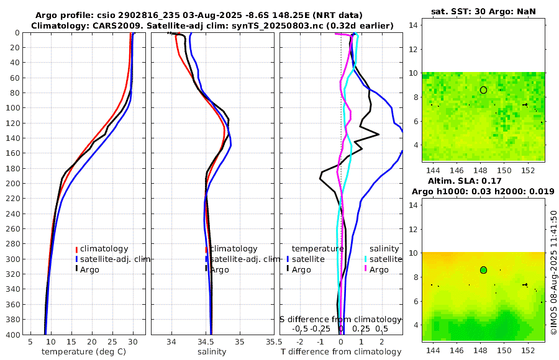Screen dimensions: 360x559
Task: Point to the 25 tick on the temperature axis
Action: point(112,342)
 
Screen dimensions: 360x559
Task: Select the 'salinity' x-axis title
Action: point(211,352)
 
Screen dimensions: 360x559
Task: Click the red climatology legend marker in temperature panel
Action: point(77,249)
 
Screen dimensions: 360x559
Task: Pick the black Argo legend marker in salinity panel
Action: point(206,269)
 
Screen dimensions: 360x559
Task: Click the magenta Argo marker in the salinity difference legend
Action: point(366,269)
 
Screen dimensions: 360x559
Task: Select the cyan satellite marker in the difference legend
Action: point(366,259)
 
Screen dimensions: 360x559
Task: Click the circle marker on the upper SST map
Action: point(483,90)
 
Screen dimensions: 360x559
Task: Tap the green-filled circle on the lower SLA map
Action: point(483,270)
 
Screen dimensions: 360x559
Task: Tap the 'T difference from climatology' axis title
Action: point(341,352)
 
